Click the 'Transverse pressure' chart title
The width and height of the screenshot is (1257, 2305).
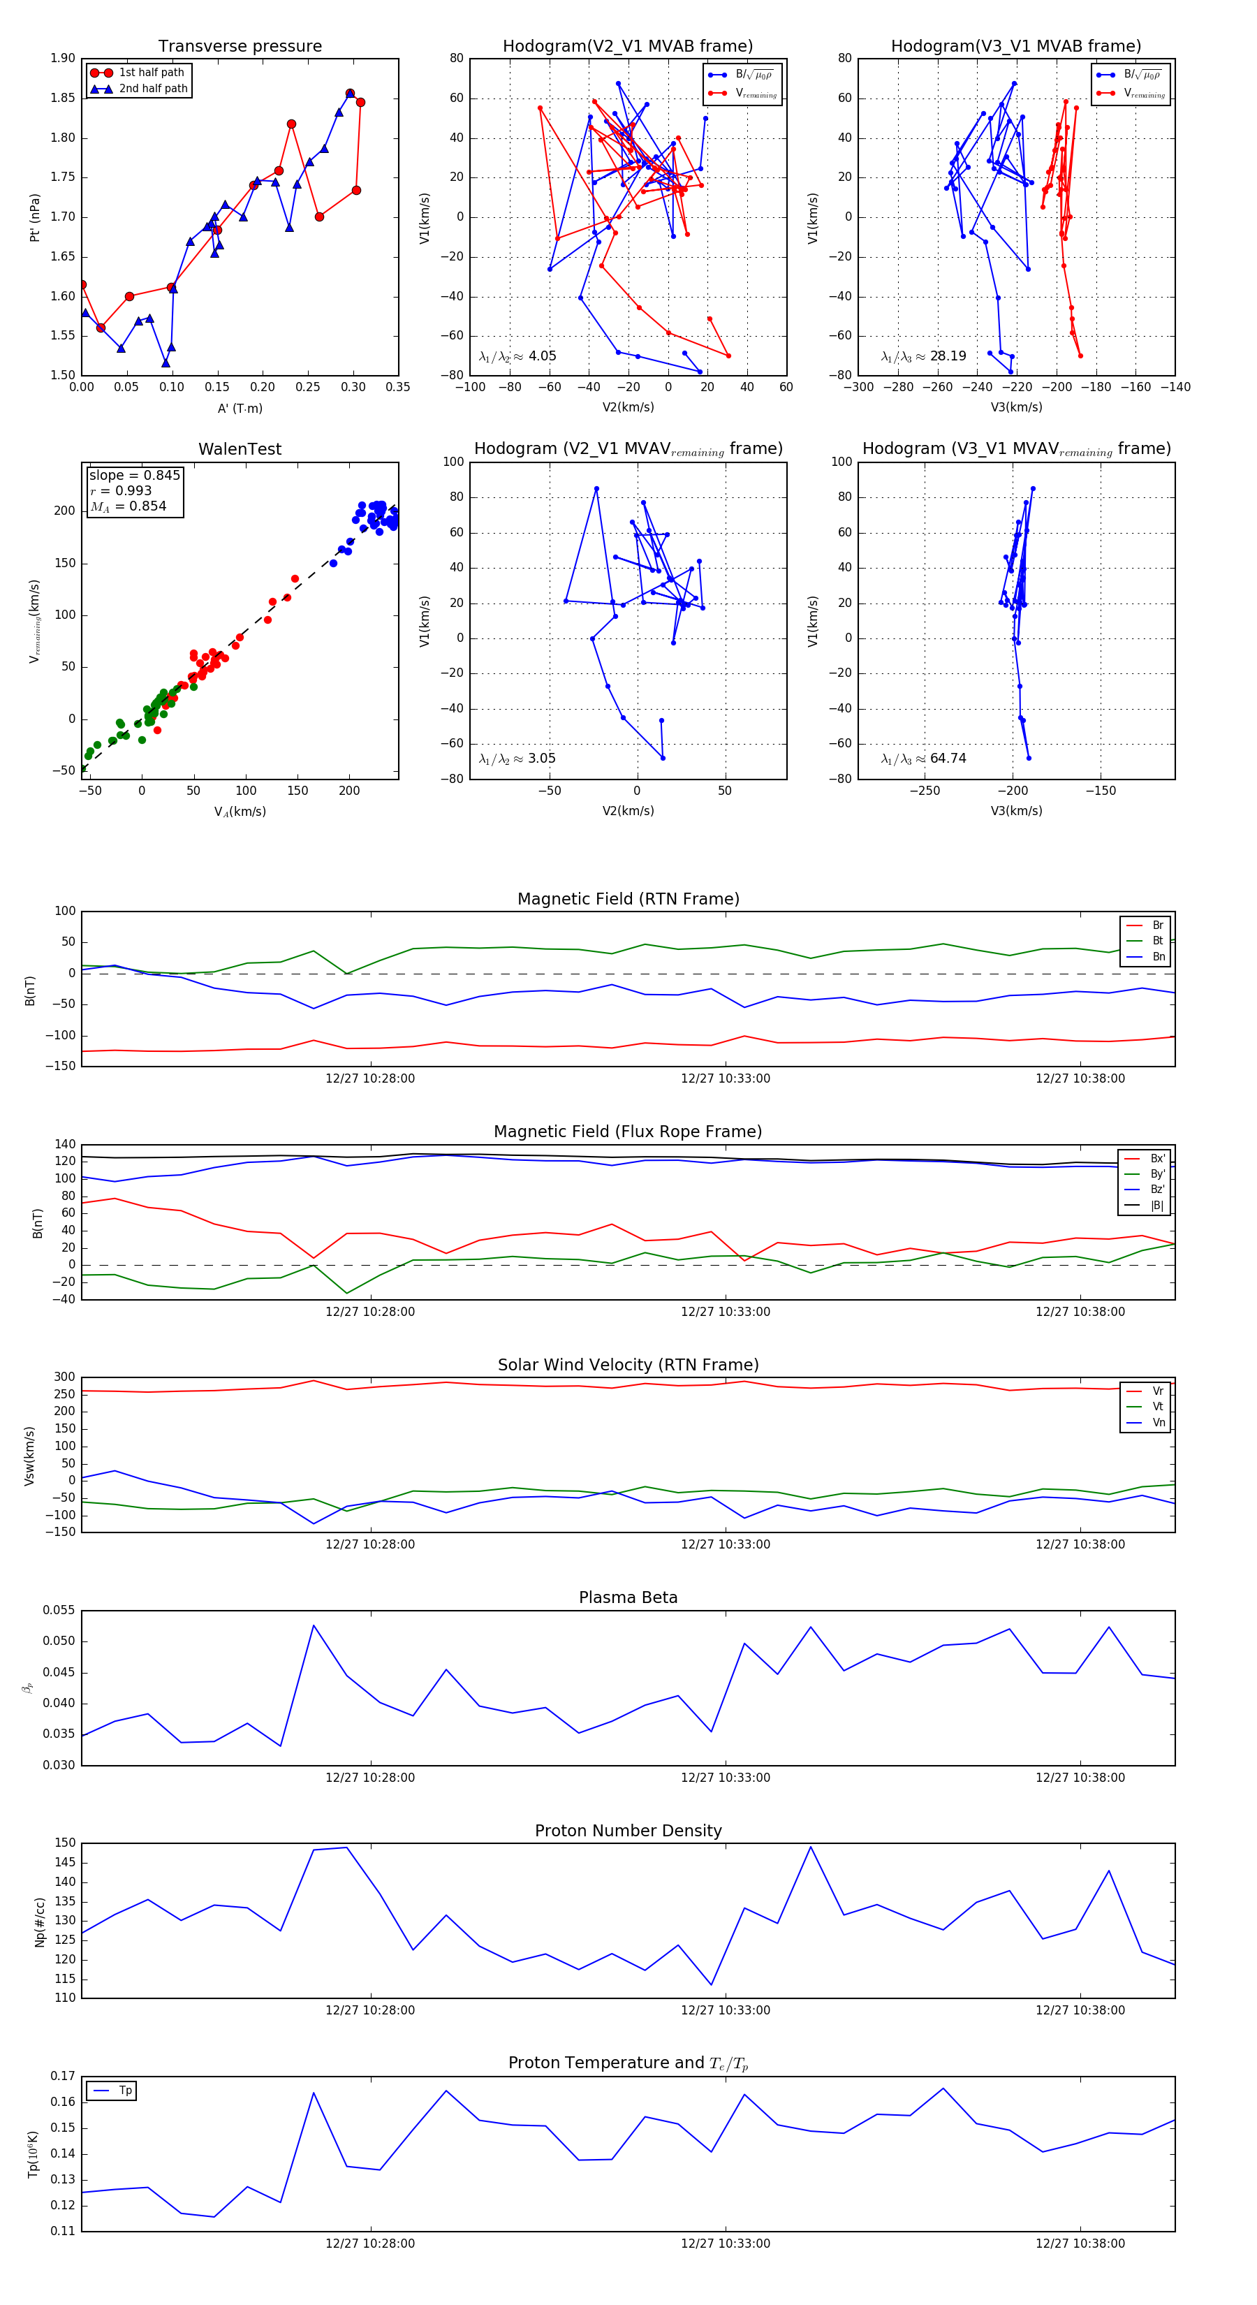(240, 47)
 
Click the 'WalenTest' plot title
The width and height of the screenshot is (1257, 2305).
(240, 449)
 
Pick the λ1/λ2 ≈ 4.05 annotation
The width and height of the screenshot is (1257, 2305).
(517, 356)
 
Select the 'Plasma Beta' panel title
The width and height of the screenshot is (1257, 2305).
(628, 1597)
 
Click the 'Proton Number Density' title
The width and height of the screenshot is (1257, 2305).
(628, 1830)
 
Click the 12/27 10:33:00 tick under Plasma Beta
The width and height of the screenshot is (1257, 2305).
(725, 1777)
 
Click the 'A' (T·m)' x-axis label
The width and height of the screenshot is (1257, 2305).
(240, 408)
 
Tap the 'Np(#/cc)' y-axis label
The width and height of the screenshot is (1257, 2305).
(39, 1921)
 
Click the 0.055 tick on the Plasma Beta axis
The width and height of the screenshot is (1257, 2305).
(59, 1610)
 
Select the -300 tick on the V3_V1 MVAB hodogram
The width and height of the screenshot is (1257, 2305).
(858, 388)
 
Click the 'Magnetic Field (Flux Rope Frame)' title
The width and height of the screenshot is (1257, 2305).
(628, 1132)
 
